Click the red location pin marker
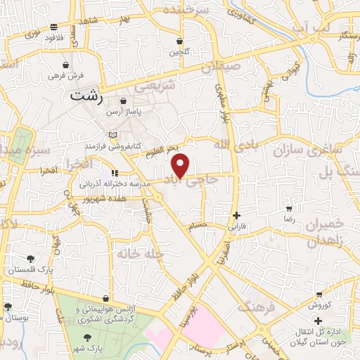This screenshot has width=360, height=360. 181,166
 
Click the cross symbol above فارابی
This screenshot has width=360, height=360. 236,215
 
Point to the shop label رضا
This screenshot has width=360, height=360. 289,220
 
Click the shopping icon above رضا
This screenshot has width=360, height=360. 289,209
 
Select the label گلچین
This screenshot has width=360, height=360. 179,52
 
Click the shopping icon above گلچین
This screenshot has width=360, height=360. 180,41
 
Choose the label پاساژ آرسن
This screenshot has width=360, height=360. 124,112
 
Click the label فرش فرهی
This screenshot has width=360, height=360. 66,75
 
